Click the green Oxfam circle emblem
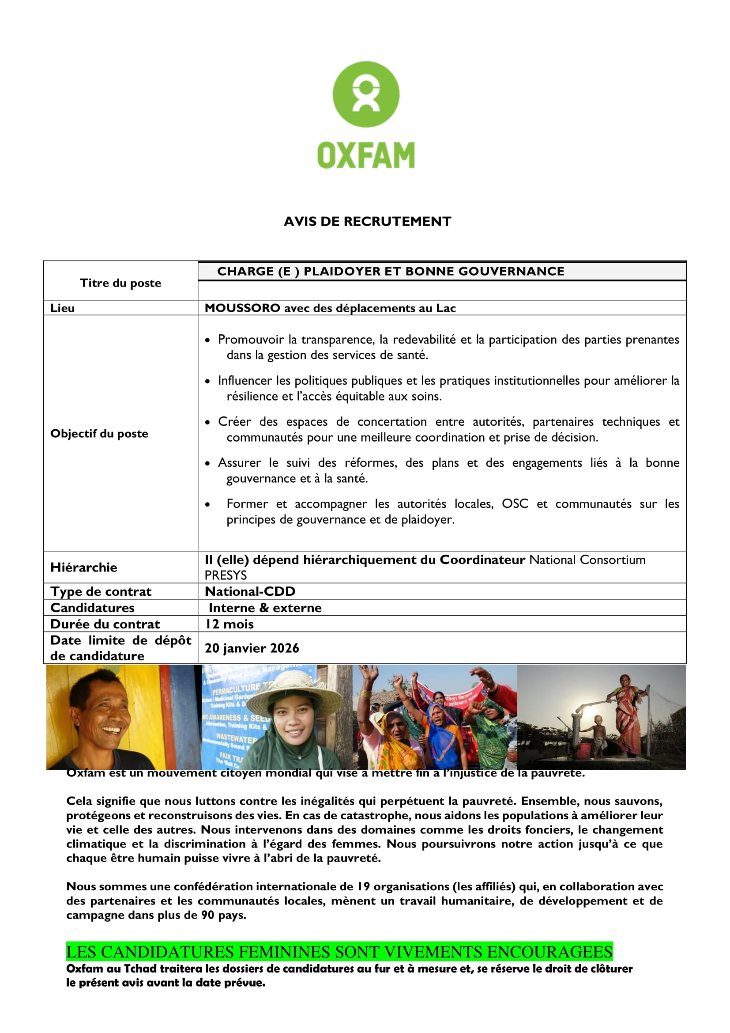point(365,95)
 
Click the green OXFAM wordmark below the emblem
point(366,155)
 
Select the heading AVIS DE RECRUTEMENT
point(367,221)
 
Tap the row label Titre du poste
point(120,283)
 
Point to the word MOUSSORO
point(242,308)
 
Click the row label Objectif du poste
point(99,434)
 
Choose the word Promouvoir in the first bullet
point(250,340)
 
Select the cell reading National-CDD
point(250,591)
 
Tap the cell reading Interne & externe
point(265,608)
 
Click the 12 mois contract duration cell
point(229,624)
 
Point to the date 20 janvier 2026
point(252,648)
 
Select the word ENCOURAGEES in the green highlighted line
point(549,952)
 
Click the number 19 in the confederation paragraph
point(363,887)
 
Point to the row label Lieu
point(63,308)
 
